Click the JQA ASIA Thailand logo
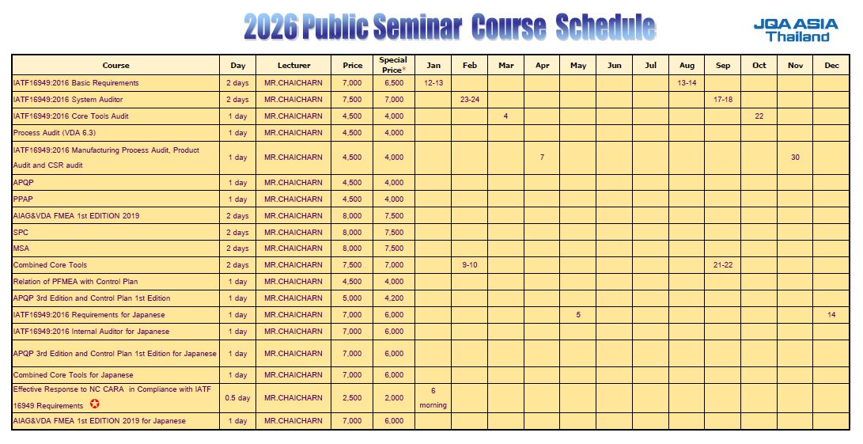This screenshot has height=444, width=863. [795, 30]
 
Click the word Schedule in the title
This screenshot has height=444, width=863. [605, 28]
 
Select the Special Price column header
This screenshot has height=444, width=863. [393, 65]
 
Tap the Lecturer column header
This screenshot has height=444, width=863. [293, 66]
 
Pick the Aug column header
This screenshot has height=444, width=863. [687, 66]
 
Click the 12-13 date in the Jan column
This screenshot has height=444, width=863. [433, 83]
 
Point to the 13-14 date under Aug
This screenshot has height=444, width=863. [687, 83]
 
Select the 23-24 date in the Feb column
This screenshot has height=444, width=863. [470, 100]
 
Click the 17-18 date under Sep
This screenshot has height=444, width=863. [723, 100]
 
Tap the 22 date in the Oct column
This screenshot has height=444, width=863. [759, 116]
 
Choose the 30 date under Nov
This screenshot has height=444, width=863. [795, 157]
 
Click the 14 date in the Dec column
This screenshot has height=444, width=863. [831, 315]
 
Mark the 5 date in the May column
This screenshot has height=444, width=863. [578, 315]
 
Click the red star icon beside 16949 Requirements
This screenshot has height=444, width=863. [95, 404]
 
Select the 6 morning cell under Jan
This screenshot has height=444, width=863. [433, 397]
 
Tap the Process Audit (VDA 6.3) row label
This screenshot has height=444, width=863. [54, 133]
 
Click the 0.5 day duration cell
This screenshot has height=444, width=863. [237, 398]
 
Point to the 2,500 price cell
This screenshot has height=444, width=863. [352, 398]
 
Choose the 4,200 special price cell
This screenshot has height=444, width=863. [393, 298]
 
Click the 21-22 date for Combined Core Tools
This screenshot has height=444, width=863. [723, 265]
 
